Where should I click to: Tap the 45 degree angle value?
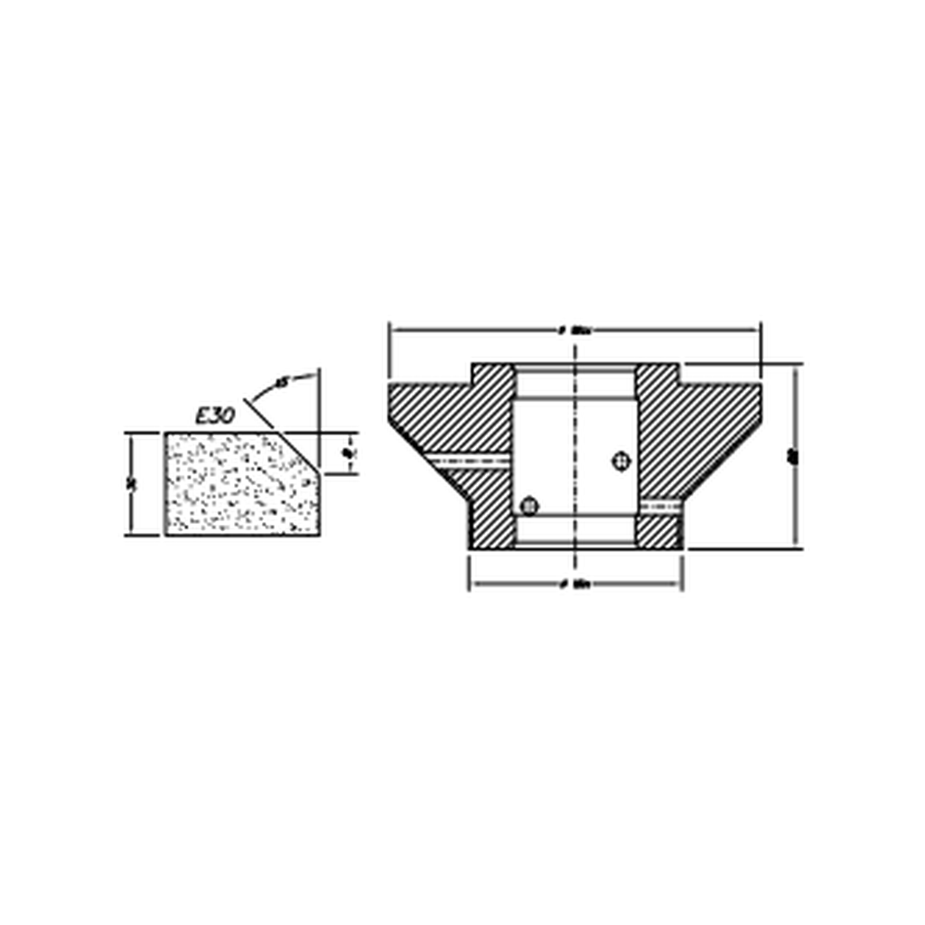tap(281, 383)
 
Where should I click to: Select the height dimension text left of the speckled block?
tap(133, 483)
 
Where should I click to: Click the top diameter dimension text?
tap(575, 331)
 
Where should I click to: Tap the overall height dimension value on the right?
tap(794, 457)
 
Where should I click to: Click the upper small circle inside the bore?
tap(620, 461)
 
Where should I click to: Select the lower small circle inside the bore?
tap(530, 506)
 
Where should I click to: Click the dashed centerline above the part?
tap(575, 348)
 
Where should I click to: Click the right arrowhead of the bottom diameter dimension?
tap(677, 584)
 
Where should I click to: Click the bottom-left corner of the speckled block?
tap(166, 534)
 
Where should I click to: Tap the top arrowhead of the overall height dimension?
tap(796, 369)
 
